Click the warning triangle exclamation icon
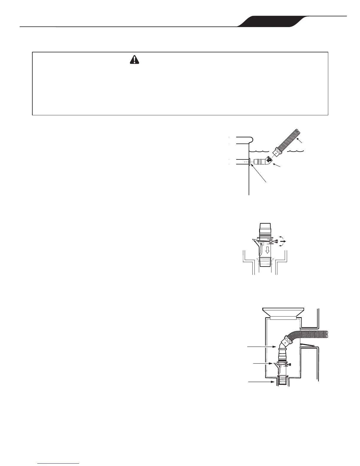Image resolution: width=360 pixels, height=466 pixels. click(x=134, y=60)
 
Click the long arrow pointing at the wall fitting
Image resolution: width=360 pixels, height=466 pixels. click(x=259, y=174)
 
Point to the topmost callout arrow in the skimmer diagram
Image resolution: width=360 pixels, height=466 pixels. click(x=262, y=347)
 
